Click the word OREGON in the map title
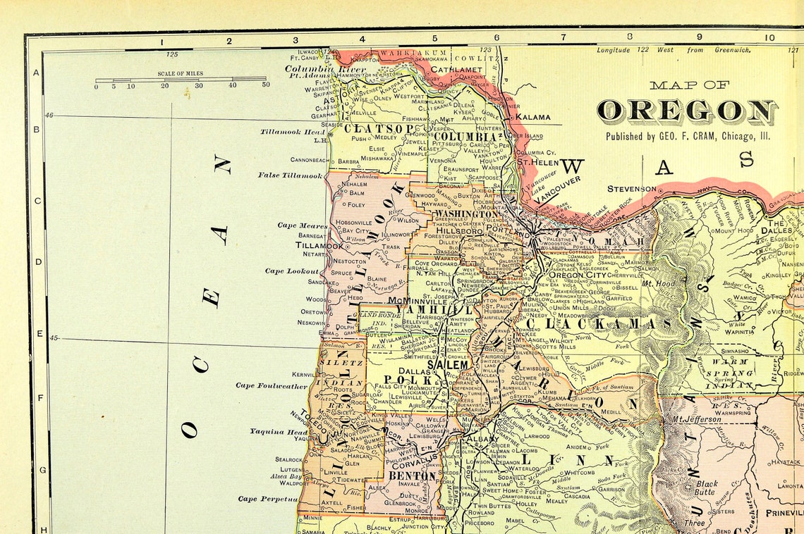[x=687, y=111]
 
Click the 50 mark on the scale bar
[x=265, y=86]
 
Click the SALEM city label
[x=447, y=365]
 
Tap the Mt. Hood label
[x=654, y=284]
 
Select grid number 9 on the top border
[x=700, y=38]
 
